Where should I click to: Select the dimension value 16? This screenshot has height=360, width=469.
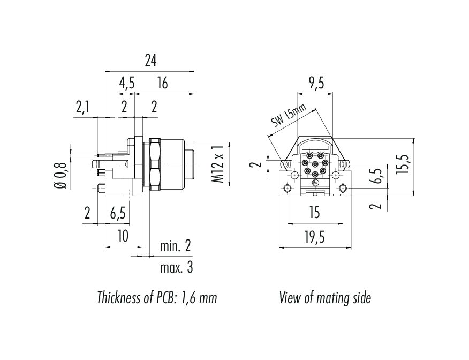(x=163, y=83)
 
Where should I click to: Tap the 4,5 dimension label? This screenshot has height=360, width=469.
(x=126, y=83)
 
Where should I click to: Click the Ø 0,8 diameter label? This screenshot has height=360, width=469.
(x=60, y=175)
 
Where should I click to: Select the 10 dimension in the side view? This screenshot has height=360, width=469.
(x=123, y=236)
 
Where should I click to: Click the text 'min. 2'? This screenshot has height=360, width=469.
(x=176, y=247)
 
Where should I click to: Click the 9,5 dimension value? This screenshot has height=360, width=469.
(x=317, y=83)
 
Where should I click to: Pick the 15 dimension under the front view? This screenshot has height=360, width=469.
(x=314, y=213)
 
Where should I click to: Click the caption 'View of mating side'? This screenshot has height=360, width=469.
(x=324, y=298)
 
